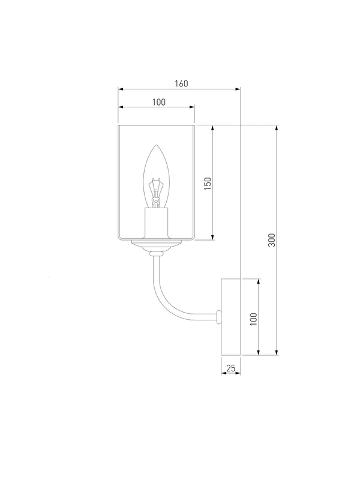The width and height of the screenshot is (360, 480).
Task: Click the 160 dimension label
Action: click(181, 83)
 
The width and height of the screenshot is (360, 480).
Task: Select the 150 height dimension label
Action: click(208, 184)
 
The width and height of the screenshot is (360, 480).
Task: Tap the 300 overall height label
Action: click(272, 240)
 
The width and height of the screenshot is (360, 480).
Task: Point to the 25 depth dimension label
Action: click(231, 368)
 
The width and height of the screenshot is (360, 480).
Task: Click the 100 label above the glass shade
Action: click(159, 102)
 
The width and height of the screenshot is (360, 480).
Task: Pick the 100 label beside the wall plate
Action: click(253, 319)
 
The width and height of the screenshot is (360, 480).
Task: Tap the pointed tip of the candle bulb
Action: click(157, 145)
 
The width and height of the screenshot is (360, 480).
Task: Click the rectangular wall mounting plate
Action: click(231, 317)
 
